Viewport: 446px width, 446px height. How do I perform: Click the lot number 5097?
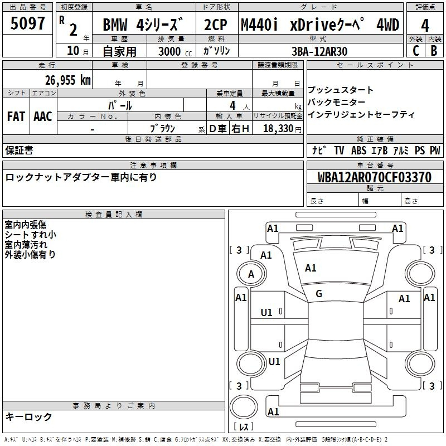click(27, 23)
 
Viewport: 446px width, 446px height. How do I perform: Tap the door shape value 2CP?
click(216, 25)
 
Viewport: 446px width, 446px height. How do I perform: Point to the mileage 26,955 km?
click(67, 80)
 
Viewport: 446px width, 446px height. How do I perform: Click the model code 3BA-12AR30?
click(319, 51)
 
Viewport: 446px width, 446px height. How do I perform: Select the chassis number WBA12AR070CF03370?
click(374, 177)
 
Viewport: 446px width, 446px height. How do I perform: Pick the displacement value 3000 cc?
click(175, 51)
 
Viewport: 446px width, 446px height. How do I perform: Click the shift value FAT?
click(16, 117)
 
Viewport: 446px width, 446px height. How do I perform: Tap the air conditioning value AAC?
click(43, 117)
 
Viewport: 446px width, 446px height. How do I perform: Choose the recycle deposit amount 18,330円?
click(282, 129)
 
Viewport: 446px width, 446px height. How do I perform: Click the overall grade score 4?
click(425, 25)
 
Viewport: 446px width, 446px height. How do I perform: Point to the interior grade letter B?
click(434, 51)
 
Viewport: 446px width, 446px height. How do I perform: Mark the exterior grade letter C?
click(416, 51)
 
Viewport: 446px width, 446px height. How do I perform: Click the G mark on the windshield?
click(319, 294)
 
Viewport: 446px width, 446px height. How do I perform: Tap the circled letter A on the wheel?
click(251, 274)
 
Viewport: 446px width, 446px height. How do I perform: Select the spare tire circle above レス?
click(244, 408)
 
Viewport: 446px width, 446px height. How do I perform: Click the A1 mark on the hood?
click(311, 268)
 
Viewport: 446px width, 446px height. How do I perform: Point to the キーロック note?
click(28, 416)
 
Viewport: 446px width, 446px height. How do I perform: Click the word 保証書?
click(19, 150)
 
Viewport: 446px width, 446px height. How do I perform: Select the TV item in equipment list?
click(339, 150)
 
